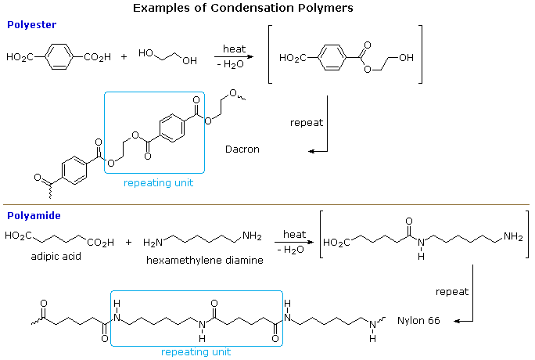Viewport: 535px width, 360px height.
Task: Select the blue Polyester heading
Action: [x=31, y=26]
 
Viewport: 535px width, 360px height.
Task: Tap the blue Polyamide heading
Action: [x=34, y=214]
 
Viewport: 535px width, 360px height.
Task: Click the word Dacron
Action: [x=242, y=149]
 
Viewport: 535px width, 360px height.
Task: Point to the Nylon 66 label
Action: [x=418, y=321]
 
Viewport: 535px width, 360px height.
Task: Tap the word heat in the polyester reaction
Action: [x=234, y=49]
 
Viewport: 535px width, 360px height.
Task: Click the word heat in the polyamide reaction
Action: [x=294, y=235]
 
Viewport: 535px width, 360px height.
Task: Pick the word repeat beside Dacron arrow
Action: [x=306, y=122]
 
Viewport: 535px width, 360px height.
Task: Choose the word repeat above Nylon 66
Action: [x=452, y=291]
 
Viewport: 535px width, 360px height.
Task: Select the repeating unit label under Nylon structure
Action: [x=196, y=352]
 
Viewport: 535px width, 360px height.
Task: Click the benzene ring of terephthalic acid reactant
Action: [x=58, y=57]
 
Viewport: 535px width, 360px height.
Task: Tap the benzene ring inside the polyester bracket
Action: [x=329, y=58]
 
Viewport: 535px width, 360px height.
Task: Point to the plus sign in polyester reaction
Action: [x=124, y=57]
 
